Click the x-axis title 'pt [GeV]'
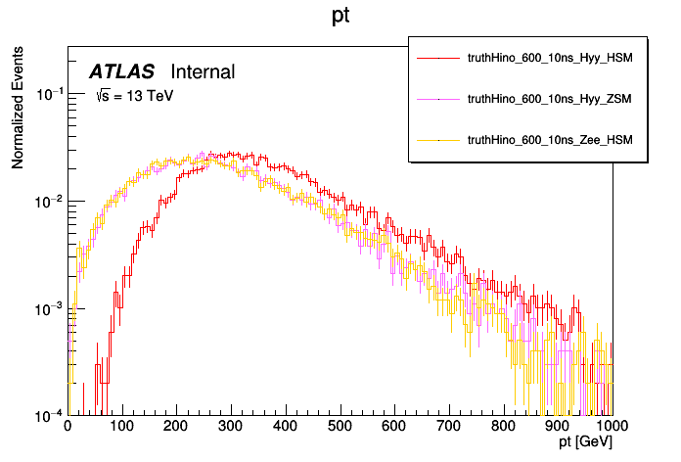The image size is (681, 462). pos(585,443)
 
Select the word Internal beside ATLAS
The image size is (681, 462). pos(203,71)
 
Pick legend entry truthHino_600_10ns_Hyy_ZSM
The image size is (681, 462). pos(550,99)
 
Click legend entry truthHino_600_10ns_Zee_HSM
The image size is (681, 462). pos(550,140)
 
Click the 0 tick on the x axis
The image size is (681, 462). pos(68,428)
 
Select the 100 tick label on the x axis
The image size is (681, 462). pos(121,428)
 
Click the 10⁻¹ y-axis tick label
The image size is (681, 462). pos(48,95)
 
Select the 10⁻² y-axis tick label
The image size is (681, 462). pos(48,202)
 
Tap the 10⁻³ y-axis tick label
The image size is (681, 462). pos(48,308)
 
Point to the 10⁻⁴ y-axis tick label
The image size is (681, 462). pos(48,415)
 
